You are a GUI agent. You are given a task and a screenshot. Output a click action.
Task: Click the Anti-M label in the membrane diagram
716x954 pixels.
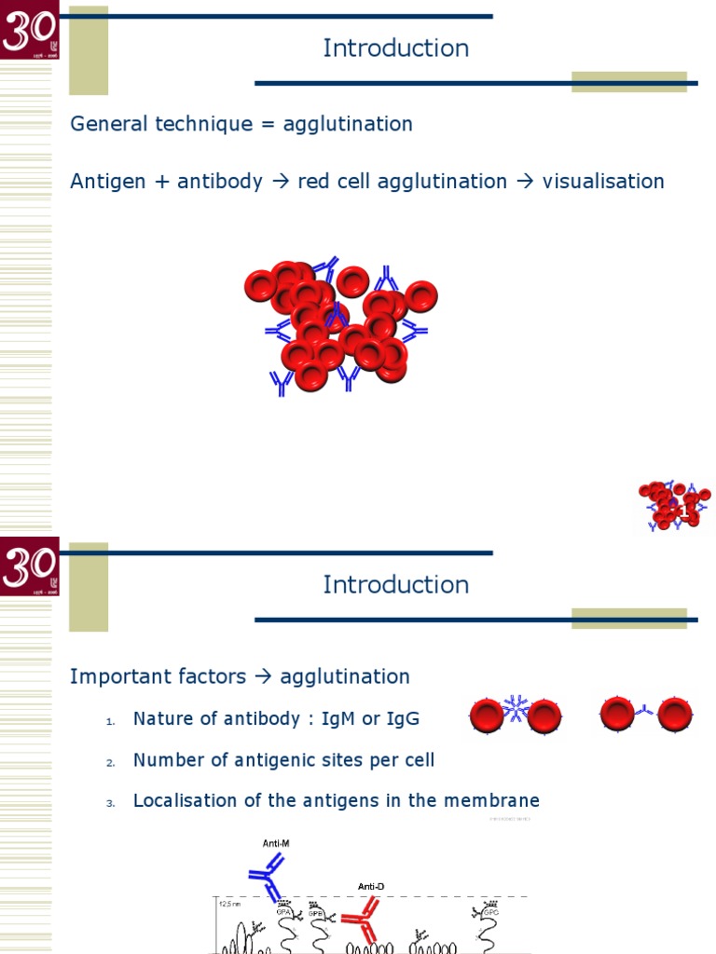276,843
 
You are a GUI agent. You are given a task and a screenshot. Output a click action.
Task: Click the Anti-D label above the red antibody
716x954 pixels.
373,886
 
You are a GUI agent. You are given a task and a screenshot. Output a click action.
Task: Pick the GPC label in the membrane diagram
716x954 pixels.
490,914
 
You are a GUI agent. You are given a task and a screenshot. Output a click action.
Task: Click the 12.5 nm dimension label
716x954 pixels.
229,904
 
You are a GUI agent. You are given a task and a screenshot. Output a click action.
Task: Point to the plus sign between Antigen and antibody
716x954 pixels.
162,182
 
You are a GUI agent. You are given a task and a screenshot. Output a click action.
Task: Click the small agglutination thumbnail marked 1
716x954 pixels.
673,506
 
